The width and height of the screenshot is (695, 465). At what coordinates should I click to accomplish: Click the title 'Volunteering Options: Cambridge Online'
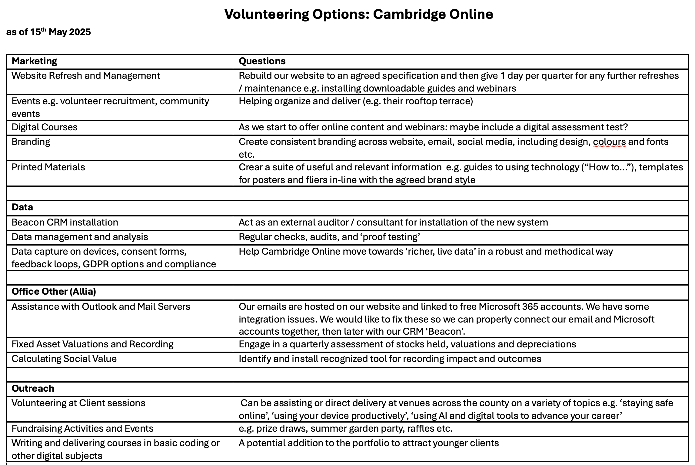tap(359, 14)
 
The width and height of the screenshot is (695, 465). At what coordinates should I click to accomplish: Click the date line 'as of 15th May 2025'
tap(48, 32)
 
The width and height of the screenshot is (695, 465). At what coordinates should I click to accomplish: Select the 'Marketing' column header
tap(34, 61)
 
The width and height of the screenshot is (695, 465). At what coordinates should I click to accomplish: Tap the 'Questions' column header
tap(262, 61)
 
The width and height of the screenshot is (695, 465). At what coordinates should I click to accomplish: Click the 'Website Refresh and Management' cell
tap(86, 76)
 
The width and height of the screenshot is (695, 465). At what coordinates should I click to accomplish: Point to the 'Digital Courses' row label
tap(45, 127)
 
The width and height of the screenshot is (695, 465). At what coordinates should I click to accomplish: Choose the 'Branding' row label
tap(31, 142)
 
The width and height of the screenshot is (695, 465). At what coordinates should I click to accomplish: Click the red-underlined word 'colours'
tap(609, 142)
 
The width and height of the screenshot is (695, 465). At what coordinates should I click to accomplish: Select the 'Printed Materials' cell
tap(48, 167)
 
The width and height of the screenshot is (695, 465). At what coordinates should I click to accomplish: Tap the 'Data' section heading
tap(22, 207)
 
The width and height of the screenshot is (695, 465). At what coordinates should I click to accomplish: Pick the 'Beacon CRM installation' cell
tap(65, 222)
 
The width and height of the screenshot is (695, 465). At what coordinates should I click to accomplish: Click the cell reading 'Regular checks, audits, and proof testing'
tap(329, 237)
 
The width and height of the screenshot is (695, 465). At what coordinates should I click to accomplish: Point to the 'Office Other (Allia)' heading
tap(54, 292)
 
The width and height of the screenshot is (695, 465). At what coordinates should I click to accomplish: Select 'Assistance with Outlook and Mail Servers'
tap(101, 307)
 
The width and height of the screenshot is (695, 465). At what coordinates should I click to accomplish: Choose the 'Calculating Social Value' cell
tap(64, 359)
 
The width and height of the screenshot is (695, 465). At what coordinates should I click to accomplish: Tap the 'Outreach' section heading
tap(33, 389)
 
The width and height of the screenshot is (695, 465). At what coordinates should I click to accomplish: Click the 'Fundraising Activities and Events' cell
tap(82, 429)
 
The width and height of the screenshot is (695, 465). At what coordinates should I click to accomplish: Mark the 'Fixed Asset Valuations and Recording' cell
tap(92, 344)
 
